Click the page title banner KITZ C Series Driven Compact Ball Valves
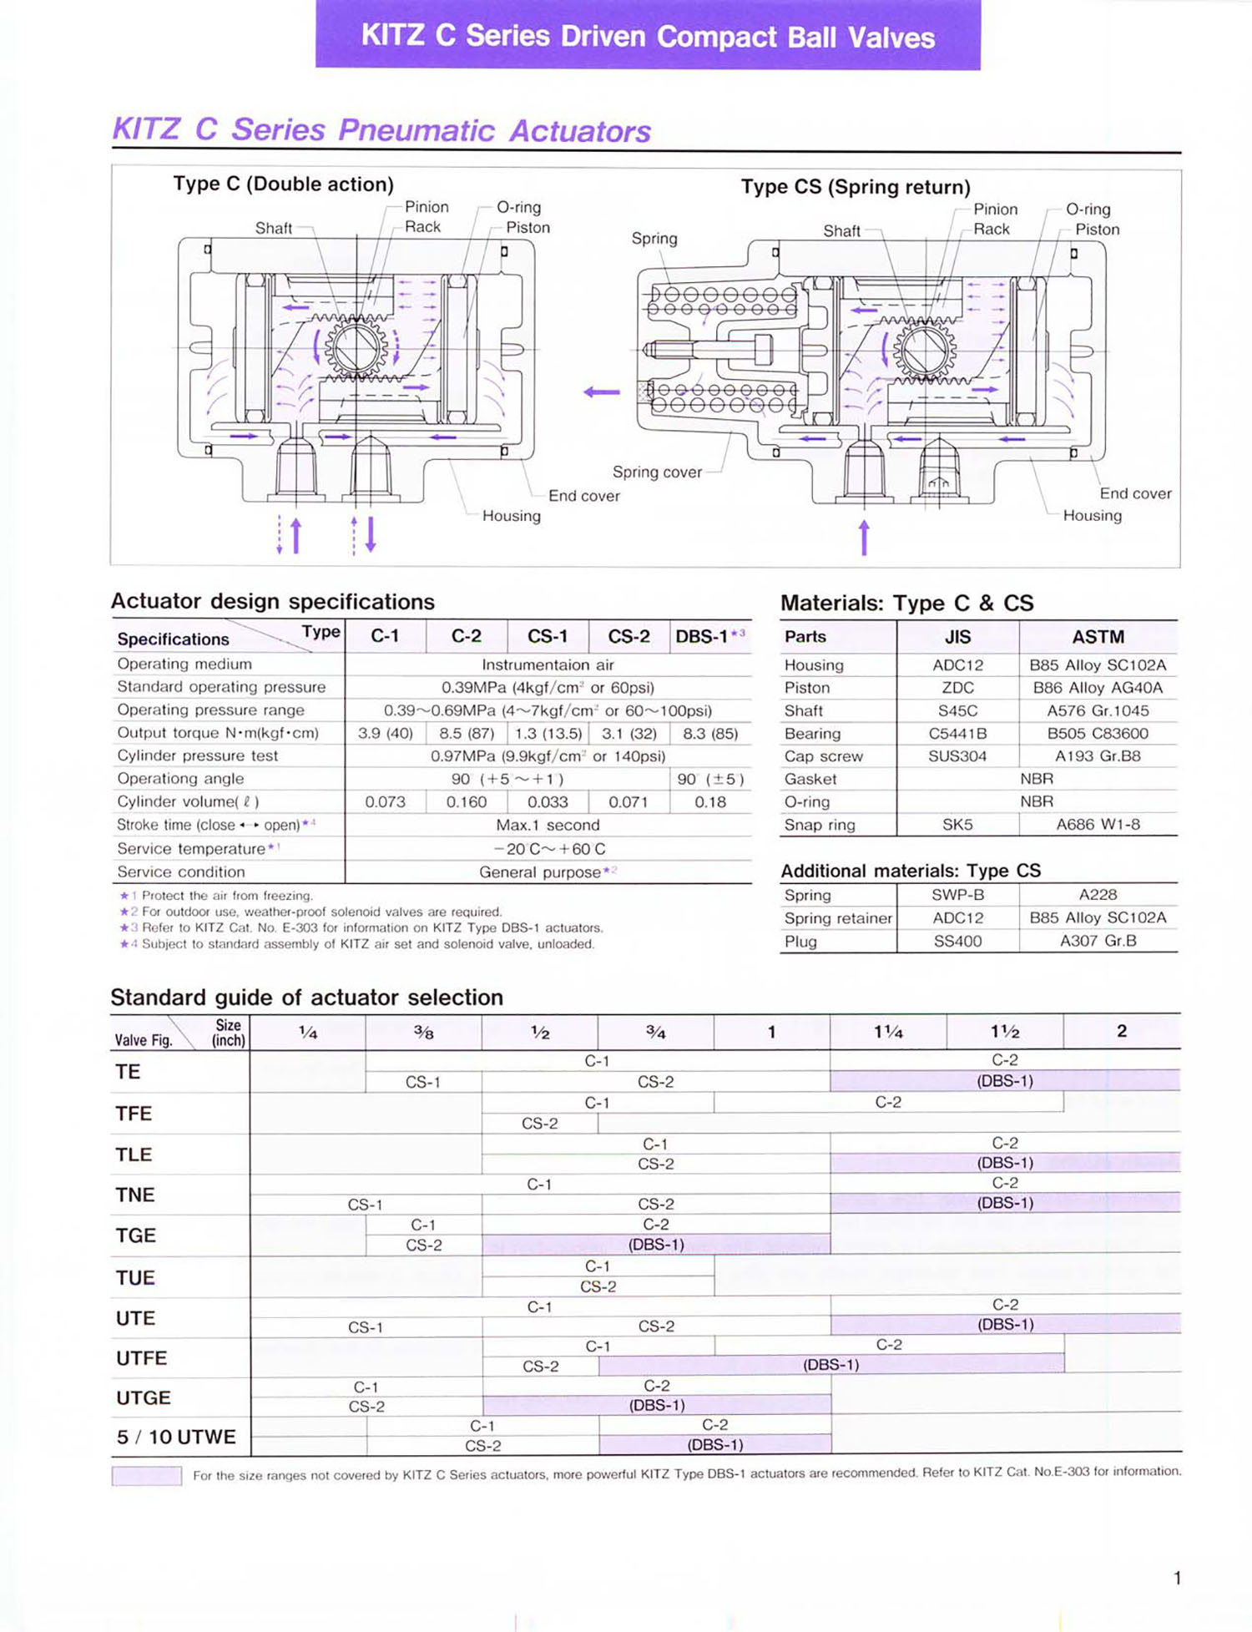648,36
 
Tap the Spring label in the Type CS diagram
654,238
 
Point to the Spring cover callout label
657,472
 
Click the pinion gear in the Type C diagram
356,349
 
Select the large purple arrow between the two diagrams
602,392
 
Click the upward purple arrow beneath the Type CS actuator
864,537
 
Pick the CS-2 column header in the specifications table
629,636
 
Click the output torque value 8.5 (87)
467,733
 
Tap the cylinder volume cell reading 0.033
548,801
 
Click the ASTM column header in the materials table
1098,637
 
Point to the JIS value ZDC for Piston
957,688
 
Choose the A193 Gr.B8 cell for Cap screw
1098,756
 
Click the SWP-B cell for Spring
957,895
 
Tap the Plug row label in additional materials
800,941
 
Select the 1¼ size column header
888,1032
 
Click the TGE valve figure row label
135,1235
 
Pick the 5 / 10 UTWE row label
176,1437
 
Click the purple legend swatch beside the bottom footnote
147,1475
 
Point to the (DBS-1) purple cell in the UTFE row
830,1365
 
